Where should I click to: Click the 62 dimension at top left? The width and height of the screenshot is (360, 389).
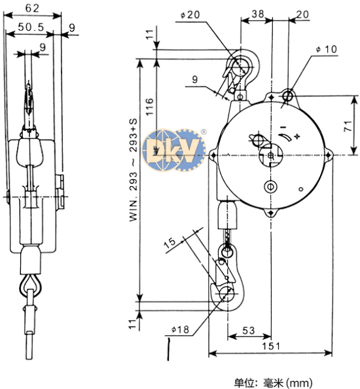tap(32, 8)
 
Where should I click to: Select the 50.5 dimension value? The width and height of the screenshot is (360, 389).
tap(31, 27)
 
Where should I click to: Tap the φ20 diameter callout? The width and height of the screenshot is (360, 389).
tap(190, 15)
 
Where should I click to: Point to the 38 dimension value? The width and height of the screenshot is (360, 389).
tap(258, 14)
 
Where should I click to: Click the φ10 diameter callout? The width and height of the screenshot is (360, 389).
tap(327, 49)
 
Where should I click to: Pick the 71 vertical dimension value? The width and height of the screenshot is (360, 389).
tap(348, 126)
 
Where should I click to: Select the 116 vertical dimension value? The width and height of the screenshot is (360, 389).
tap(149, 107)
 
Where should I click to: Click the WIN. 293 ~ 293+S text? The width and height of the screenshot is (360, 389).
tap(133, 170)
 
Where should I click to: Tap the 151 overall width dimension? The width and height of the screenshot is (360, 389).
tap(271, 346)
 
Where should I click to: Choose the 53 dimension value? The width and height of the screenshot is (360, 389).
tap(249, 330)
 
